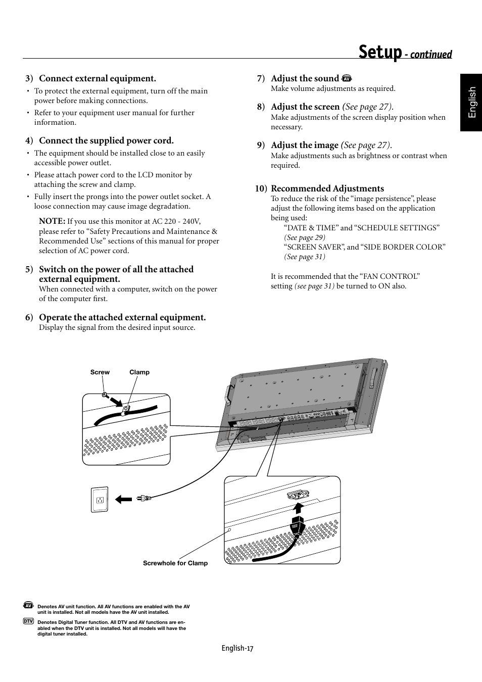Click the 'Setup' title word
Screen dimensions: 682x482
[x=380, y=53]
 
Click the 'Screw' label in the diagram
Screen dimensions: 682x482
[x=100, y=372]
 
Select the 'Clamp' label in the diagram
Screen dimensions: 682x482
[x=139, y=372]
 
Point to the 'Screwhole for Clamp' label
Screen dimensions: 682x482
[x=175, y=563]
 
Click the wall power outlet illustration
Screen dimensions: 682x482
[x=100, y=500]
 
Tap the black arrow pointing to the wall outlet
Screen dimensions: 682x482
[x=123, y=499]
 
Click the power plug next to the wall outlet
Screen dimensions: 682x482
[x=143, y=499]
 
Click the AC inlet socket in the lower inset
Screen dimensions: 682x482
[x=297, y=496]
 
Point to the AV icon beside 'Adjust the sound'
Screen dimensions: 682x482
[x=346, y=78]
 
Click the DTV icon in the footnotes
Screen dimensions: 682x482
[x=28, y=621]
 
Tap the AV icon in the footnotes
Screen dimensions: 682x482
[x=28, y=605]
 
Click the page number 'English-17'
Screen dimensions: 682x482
[x=237, y=648]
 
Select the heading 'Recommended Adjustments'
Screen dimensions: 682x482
[x=327, y=188]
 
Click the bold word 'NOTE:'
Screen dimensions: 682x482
[x=52, y=221]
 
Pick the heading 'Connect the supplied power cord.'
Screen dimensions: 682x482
[x=106, y=140]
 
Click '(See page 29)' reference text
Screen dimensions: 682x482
[x=305, y=237]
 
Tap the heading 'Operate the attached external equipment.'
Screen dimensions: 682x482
[x=122, y=317]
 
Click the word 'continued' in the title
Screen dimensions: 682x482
[x=430, y=55]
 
